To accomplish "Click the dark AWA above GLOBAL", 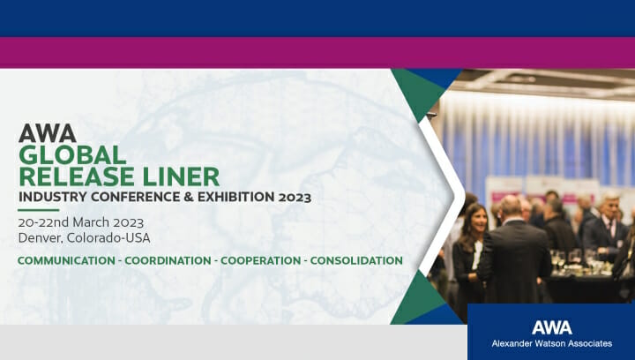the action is point(48,133).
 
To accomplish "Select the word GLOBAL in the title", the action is point(72,154).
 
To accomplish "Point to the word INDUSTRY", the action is point(53,197).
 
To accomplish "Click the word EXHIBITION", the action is point(236,197).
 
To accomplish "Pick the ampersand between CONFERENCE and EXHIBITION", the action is point(189,197).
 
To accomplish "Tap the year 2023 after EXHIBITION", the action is point(295,198).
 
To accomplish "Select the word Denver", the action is point(41,237).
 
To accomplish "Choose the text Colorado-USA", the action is point(108,237).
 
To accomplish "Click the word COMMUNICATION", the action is point(66,260).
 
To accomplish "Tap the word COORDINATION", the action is point(168,260).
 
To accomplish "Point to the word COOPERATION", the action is point(260,260).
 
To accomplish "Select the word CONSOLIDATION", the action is point(356,260).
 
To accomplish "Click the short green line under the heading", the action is point(39,210).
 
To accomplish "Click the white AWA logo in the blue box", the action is point(552,327).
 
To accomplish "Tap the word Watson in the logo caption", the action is point(546,343).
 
